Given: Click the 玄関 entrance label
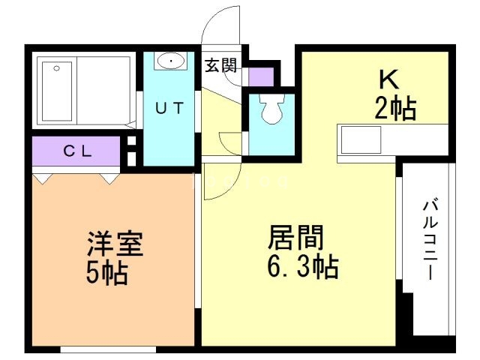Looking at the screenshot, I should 220,65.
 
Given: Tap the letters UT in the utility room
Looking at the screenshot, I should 169,108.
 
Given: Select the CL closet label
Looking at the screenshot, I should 77,151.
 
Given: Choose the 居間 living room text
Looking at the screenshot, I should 296,238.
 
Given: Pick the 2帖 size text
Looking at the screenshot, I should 395,109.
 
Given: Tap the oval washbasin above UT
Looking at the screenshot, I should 172,59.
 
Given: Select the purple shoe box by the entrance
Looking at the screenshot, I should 260,76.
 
